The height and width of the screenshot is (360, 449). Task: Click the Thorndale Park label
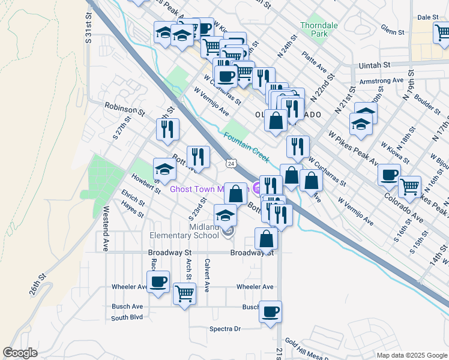pyautogui.click(x=319, y=30)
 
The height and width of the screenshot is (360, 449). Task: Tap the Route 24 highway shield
pyautogui.click(x=231, y=163)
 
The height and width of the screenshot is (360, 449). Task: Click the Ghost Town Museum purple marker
pyautogui.click(x=258, y=188)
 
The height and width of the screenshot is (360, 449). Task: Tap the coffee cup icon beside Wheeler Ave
pyautogui.click(x=158, y=281)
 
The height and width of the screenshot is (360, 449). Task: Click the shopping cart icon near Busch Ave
pyautogui.click(x=184, y=294)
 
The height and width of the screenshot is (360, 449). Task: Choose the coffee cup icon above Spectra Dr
pyautogui.click(x=270, y=311)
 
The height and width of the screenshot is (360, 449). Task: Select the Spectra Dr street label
pyautogui.click(x=224, y=329)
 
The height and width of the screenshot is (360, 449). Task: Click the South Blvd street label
pyautogui.click(x=127, y=317)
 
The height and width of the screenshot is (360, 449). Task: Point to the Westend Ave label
pyautogui.click(x=106, y=220)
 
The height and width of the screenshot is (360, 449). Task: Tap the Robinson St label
pyautogui.click(x=125, y=109)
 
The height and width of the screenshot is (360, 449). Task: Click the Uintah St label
pyautogui.click(x=375, y=64)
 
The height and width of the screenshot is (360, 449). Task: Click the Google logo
pyautogui.click(x=20, y=353)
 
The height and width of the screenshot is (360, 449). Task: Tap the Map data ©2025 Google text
pyautogui.click(x=411, y=355)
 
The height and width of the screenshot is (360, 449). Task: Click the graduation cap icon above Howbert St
pyautogui.click(x=164, y=168)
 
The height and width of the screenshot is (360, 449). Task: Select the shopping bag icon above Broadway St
pyautogui.click(x=266, y=238)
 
